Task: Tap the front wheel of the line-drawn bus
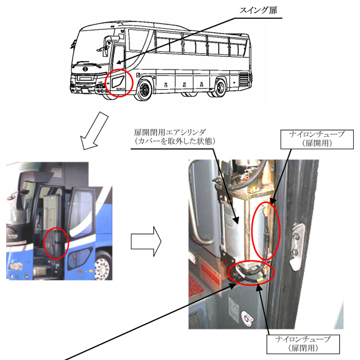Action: coord(144,90)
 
